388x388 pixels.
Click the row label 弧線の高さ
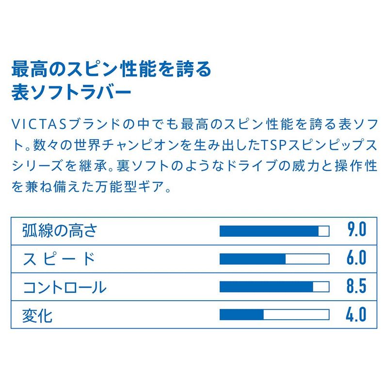tap(60, 230)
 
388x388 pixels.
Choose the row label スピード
tap(59, 259)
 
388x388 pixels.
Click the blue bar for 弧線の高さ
tap(269, 231)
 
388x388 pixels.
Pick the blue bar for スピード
tap(253, 259)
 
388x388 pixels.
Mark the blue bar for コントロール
tap(266, 287)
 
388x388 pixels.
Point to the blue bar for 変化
tap(242, 315)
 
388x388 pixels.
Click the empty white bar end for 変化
tap(296, 315)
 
